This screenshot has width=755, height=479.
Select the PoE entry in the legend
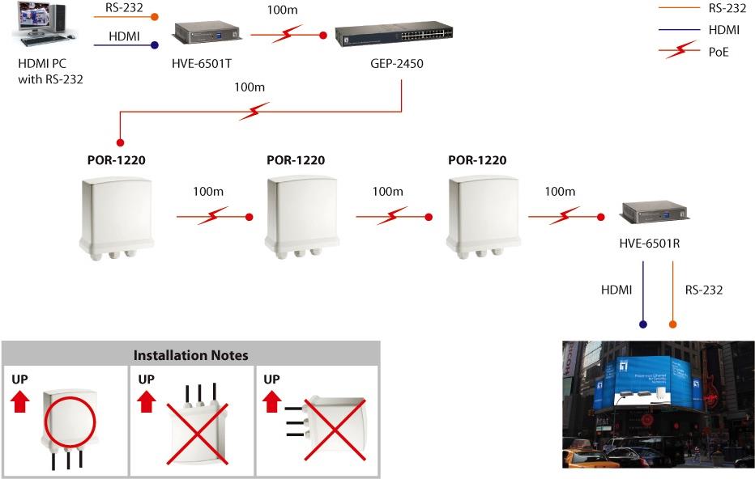721,50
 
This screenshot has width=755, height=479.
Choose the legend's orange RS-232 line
680,10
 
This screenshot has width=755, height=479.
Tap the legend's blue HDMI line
680,30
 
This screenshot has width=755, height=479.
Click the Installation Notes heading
190,354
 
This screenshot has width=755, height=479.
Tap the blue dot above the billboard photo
644,324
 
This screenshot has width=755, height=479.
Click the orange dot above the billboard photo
672,324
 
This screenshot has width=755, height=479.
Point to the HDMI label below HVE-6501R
616,289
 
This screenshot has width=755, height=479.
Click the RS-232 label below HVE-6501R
703,289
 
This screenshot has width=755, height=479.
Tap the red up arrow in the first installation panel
20,398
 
